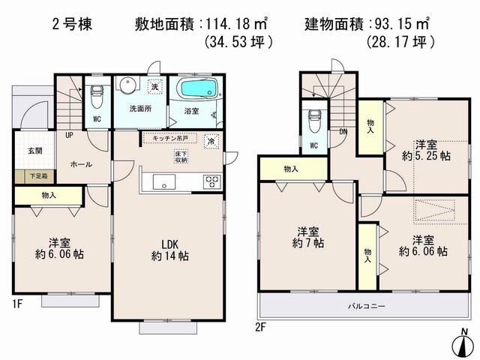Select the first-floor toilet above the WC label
(x=96, y=95)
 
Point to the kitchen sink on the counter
(x=163, y=181)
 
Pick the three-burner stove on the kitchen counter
(x=211, y=181)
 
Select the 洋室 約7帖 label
(x=307, y=236)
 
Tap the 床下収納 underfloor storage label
(x=181, y=157)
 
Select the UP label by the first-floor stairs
(x=70, y=136)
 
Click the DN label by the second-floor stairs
(x=343, y=132)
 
